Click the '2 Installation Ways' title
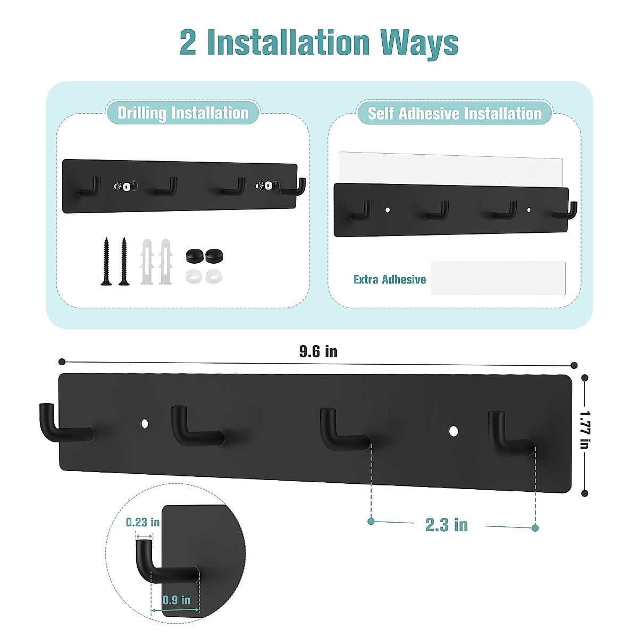319,43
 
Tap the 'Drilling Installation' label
183,113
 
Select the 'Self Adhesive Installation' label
455,114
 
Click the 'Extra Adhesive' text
390,280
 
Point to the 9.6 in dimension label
318,352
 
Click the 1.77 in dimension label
585,429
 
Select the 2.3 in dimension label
447,525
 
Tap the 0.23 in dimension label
142,523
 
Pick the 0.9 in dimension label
177,600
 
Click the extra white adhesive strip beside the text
498,278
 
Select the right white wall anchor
166,262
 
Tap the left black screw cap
194,255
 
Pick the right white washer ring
214,276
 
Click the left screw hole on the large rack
145,424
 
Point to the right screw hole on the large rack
453,431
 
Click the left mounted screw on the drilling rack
126,186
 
